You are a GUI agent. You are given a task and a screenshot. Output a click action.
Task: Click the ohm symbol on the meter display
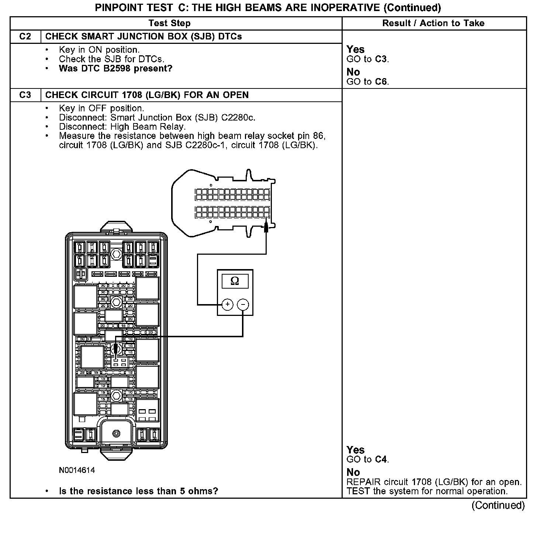pyautogui.click(x=235, y=281)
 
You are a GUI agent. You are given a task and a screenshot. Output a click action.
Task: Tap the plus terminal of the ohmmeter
pyautogui.click(x=228, y=304)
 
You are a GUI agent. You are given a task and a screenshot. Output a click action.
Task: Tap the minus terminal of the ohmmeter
pyautogui.click(x=243, y=304)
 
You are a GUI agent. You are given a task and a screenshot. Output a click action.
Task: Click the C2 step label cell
pyautogui.click(x=25, y=36)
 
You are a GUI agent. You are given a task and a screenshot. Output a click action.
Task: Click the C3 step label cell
pyautogui.click(x=25, y=95)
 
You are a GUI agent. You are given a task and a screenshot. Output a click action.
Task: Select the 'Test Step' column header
pyautogui.click(x=169, y=23)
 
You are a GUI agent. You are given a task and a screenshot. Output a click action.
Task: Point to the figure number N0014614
pyautogui.click(x=77, y=470)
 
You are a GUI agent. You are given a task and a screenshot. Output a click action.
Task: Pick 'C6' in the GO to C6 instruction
pyautogui.click(x=381, y=82)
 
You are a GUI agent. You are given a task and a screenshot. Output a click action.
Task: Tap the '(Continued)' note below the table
pyautogui.click(x=498, y=505)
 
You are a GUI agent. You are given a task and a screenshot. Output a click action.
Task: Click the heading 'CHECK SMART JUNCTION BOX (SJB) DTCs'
pyautogui.click(x=143, y=36)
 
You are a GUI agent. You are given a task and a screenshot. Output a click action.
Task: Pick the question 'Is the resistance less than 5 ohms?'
pyautogui.click(x=138, y=491)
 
